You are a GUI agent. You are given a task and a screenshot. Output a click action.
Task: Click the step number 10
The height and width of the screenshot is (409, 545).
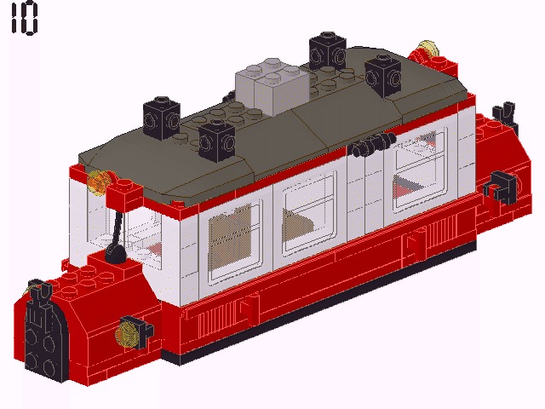click(25, 19)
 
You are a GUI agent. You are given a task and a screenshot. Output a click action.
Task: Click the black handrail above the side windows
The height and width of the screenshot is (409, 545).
click(368, 148)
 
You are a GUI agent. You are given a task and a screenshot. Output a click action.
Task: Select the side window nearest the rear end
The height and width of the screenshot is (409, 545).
click(418, 170)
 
